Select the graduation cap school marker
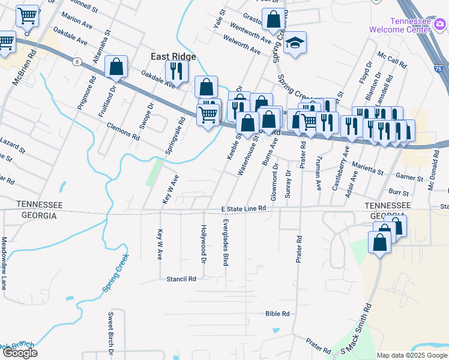295,43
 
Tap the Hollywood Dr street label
203,244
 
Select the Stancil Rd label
181,279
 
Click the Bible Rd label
277,314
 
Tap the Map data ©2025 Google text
412,355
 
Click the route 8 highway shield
77,61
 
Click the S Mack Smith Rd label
356,328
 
